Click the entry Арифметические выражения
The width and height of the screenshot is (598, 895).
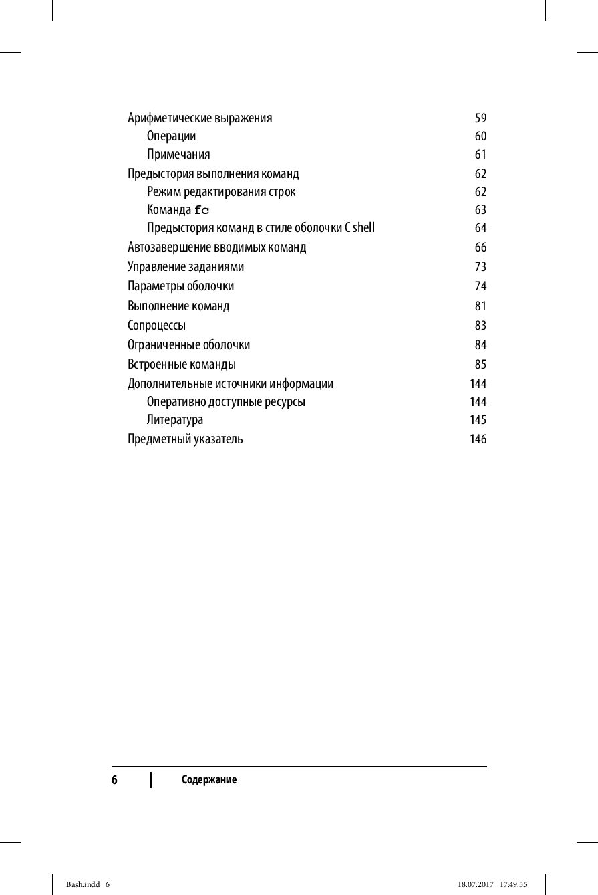click(x=200, y=118)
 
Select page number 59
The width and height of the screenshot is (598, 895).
click(x=480, y=118)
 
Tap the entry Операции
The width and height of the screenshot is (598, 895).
click(x=172, y=136)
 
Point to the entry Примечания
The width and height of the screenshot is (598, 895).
click(x=178, y=155)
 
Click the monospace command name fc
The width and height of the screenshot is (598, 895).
click(x=202, y=210)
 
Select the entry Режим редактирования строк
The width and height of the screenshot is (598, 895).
click(x=221, y=192)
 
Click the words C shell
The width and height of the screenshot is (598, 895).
click(x=360, y=228)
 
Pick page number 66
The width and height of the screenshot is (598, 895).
click(x=480, y=247)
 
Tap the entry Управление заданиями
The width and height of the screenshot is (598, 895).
click(x=186, y=267)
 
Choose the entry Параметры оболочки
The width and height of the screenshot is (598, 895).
click(x=180, y=286)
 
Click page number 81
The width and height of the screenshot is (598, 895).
click(x=480, y=306)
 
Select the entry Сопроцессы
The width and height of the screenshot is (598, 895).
click(x=156, y=326)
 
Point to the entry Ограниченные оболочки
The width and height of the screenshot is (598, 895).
click(x=188, y=345)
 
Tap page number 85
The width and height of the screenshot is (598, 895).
click(x=480, y=365)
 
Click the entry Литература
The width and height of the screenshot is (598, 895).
click(x=175, y=420)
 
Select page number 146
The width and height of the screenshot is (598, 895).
click(x=478, y=439)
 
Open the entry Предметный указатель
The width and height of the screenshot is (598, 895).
click(x=185, y=439)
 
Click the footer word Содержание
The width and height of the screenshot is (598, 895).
click(x=209, y=780)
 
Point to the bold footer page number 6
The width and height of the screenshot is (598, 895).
click(x=114, y=780)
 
